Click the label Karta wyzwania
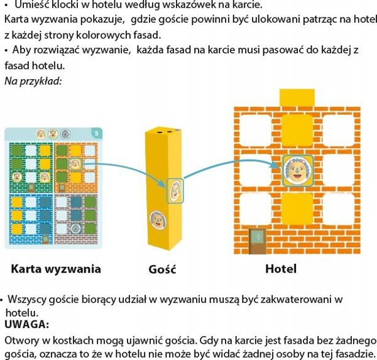point(56,269)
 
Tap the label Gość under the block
point(162,269)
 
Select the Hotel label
point(281,269)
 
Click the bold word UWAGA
point(26,324)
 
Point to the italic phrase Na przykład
point(33,81)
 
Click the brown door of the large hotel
point(258,241)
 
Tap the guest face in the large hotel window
point(298,170)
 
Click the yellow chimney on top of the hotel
point(297,97)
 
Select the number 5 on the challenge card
point(96,133)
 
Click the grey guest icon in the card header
point(65,134)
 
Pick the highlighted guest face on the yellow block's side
point(175,191)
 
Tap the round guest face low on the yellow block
point(158,220)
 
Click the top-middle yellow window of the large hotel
point(297,130)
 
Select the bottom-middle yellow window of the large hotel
point(297,209)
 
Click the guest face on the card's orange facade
point(75,164)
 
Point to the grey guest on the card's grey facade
point(75,229)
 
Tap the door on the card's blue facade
point(45,239)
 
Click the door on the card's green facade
point(31,187)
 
